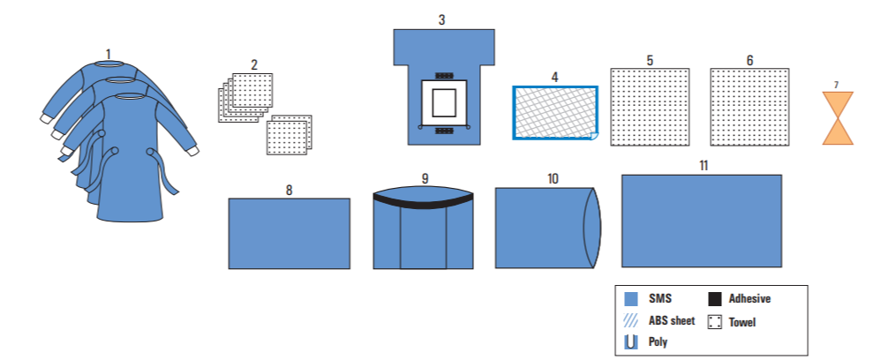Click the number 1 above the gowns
[109, 54]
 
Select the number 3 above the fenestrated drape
[442, 19]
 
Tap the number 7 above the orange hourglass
[837, 84]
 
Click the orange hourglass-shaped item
[838, 118]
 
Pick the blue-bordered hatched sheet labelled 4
[555, 113]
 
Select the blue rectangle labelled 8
[289, 233]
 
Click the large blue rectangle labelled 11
[702, 221]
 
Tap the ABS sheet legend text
[672, 320]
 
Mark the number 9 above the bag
[425, 178]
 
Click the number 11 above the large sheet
[702, 165]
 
